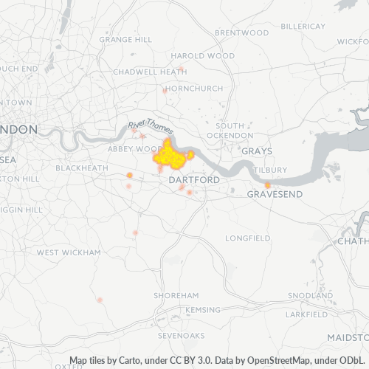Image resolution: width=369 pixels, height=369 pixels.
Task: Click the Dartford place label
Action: click(x=193, y=180)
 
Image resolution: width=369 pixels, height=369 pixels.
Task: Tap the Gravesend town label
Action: click(x=275, y=194)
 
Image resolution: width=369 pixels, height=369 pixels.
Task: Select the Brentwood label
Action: click(x=241, y=33)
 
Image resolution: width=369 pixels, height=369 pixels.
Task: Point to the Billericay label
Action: click(x=303, y=25)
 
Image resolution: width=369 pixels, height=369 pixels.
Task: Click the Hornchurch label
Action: click(x=194, y=89)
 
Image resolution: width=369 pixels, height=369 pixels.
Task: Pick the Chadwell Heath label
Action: click(x=150, y=72)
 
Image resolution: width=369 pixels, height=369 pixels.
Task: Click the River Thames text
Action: click(x=151, y=127)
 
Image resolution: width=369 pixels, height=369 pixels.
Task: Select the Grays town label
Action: click(x=257, y=151)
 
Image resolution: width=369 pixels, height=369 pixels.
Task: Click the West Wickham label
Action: click(x=68, y=252)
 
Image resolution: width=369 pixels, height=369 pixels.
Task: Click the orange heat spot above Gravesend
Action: click(x=267, y=184)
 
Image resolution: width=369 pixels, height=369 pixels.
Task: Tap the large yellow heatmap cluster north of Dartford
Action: click(x=171, y=156)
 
